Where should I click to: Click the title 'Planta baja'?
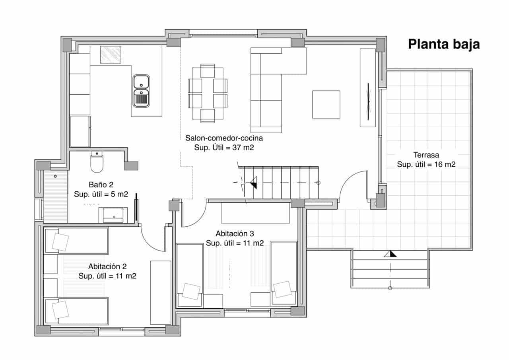444,44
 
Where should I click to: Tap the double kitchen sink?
141,91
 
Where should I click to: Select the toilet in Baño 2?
97,163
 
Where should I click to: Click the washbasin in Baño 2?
113,215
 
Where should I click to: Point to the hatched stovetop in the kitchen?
110,54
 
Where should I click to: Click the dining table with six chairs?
207,93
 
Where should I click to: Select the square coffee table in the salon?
326,104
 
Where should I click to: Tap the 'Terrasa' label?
426,155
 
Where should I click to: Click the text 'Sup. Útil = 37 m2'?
224,147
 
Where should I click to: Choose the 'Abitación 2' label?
107,267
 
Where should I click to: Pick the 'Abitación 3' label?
235,234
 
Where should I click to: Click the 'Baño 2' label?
101,185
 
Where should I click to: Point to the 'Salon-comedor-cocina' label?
224,138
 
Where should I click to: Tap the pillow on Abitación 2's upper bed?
60,242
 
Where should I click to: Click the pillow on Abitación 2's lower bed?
60,309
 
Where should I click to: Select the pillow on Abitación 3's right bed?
282,289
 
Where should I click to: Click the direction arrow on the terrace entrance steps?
390,254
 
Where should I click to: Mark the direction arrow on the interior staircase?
253,184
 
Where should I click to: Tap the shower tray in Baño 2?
55,196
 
